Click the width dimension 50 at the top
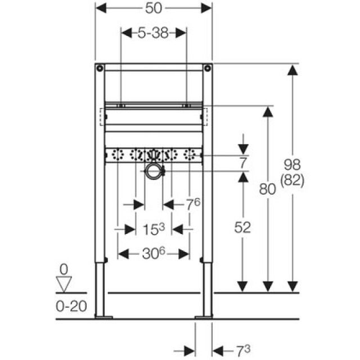(x=154, y=8)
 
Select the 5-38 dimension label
(x=153, y=33)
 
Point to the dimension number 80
(x=268, y=190)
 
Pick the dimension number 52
(x=242, y=227)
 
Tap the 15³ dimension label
(x=154, y=229)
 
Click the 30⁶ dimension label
(x=154, y=254)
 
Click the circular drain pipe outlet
(x=153, y=172)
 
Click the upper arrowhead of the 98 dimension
(x=292, y=70)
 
